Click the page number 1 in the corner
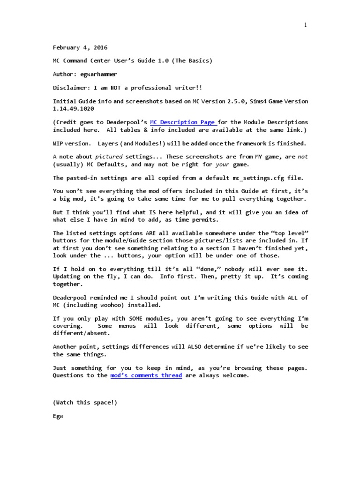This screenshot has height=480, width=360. pos(305,25)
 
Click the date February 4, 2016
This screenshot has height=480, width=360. pos(80,47)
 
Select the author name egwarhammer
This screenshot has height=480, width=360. pos(102,74)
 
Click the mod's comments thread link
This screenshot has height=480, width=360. pos(146,375)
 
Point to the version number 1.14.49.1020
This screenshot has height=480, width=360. pos(74,109)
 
